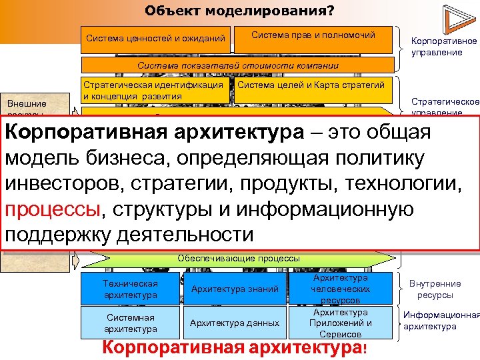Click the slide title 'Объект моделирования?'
(x=239, y=11)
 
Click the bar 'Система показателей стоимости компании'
(x=238, y=66)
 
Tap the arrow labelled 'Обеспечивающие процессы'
(x=238, y=257)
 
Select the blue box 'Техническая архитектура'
(x=131, y=289)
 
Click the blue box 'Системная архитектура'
(x=131, y=323)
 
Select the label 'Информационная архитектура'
(x=440, y=321)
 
